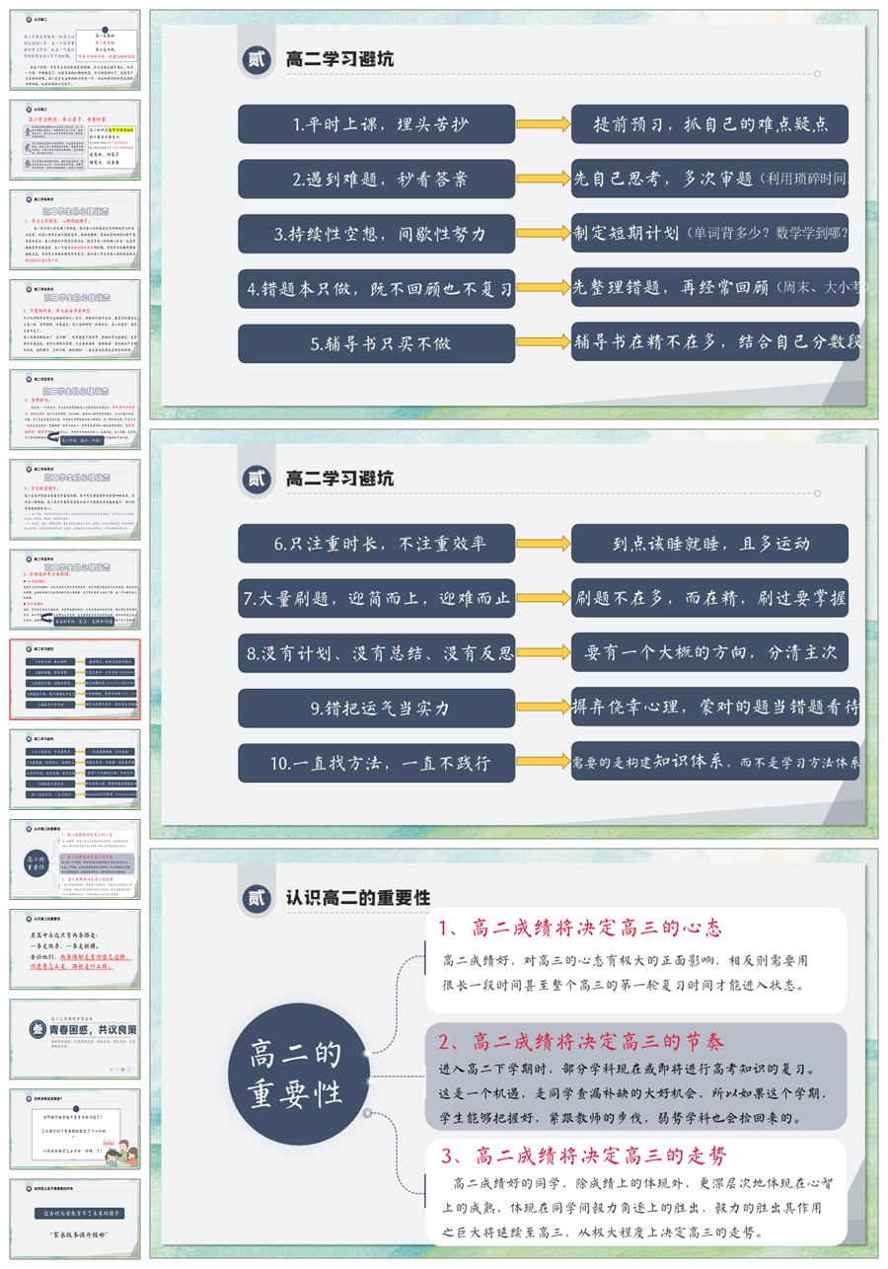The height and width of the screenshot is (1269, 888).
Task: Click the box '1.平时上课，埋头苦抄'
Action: (x=376, y=124)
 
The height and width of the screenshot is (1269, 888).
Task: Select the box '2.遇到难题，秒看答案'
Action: (x=376, y=179)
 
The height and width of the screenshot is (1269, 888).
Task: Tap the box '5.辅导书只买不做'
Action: (x=376, y=343)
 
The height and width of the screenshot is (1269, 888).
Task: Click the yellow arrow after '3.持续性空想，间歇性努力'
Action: (x=544, y=234)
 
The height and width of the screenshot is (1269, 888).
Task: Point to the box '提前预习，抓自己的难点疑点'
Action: (x=709, y=124)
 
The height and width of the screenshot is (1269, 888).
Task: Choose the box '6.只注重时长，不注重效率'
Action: (x=376, y=544)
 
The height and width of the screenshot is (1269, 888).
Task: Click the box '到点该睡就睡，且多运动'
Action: (x=709, y=544)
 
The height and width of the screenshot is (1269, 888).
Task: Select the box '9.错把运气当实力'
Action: (x=376, y=709)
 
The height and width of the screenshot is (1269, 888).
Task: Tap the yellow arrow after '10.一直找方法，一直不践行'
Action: (x=544, y=763)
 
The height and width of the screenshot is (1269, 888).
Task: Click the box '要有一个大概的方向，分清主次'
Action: (x=709, y=652)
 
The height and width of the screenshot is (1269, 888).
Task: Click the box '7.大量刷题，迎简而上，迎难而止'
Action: (x=376, y=598)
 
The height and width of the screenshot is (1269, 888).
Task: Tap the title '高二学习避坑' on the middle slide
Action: (x=339, y=479)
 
